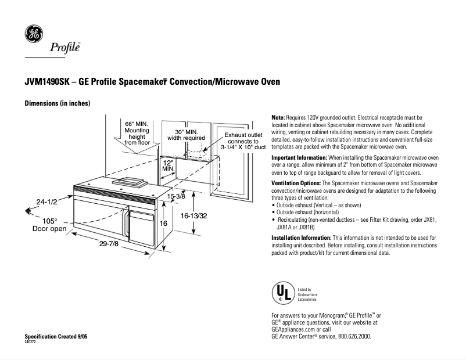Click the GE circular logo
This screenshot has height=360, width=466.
pyautogui.click(x=33, y=34)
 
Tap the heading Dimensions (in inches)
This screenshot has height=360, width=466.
pyautogui.click(x=57, y=103)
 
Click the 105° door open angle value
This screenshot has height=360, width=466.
pyautogui.click(x=49, y=221)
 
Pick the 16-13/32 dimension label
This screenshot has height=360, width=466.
pyautogui.click(x=194, y=215)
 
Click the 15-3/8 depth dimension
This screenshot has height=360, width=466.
pyautogui.click(x=176, y=197)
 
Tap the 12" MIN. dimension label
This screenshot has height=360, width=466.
pyautogui.click(x=169, y=165)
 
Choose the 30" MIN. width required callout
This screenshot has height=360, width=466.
pyautogui.click(x=186, y=135)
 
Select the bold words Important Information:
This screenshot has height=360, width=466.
pyautogui.click(x=299, y=157)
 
